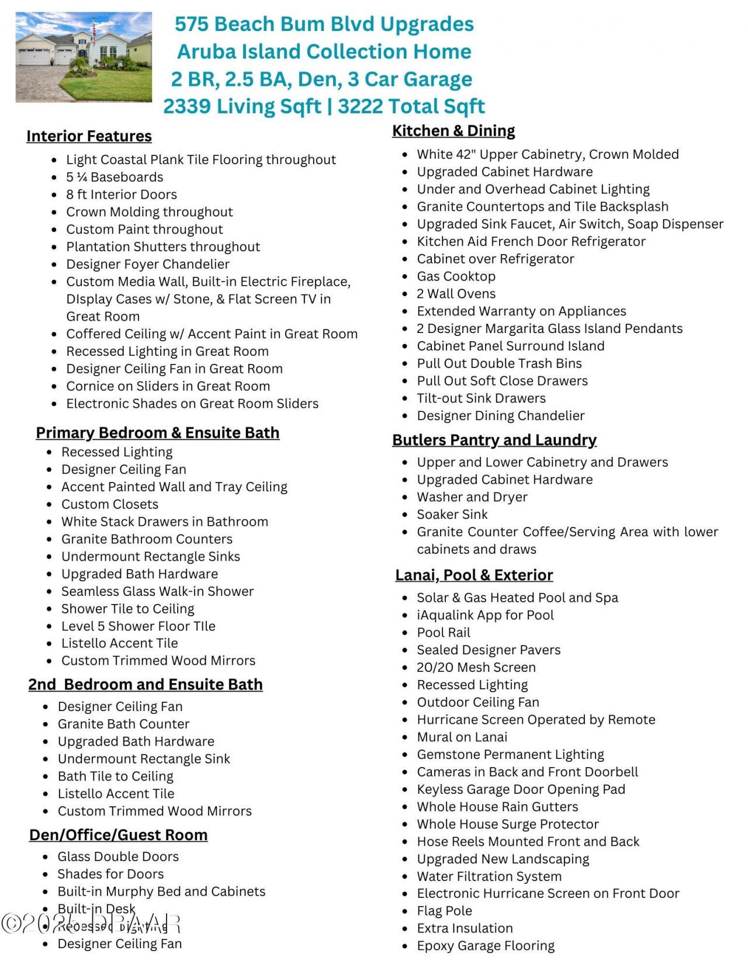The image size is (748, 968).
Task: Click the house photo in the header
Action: [x=84, y=57]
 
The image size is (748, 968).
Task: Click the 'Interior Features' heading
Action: [x=89, y=136]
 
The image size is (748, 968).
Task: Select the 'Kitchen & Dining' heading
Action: [x=453, y=131]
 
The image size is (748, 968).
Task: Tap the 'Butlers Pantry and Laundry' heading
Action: [x=494, y=440]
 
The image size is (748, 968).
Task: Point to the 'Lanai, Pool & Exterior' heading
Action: [x=474, y=575]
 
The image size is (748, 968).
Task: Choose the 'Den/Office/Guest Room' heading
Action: [x=119, y=835]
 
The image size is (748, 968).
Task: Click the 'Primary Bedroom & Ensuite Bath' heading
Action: [x=158, y=433]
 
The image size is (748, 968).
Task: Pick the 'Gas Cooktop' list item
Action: [x=456, y=276]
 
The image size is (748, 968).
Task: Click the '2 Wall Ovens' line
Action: [x=456, y=294]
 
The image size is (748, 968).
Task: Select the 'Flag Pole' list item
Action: [x=444, y=911]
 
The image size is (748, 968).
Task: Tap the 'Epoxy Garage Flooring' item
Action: [x=486, y=946]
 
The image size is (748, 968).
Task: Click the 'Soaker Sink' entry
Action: [x=452, y=515]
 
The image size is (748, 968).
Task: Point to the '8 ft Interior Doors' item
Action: [x=122, y=195]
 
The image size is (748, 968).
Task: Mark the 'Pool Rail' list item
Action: [x=444, y=633]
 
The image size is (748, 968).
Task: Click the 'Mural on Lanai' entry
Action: [x=462, y=737]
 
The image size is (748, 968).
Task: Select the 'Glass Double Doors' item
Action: [x=118, y=857]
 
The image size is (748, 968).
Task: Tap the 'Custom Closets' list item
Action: [x=110, y=504]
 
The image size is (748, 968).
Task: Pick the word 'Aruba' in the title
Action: [x=205, y=51]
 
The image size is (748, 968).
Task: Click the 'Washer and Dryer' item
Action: [x=472, y=497]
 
